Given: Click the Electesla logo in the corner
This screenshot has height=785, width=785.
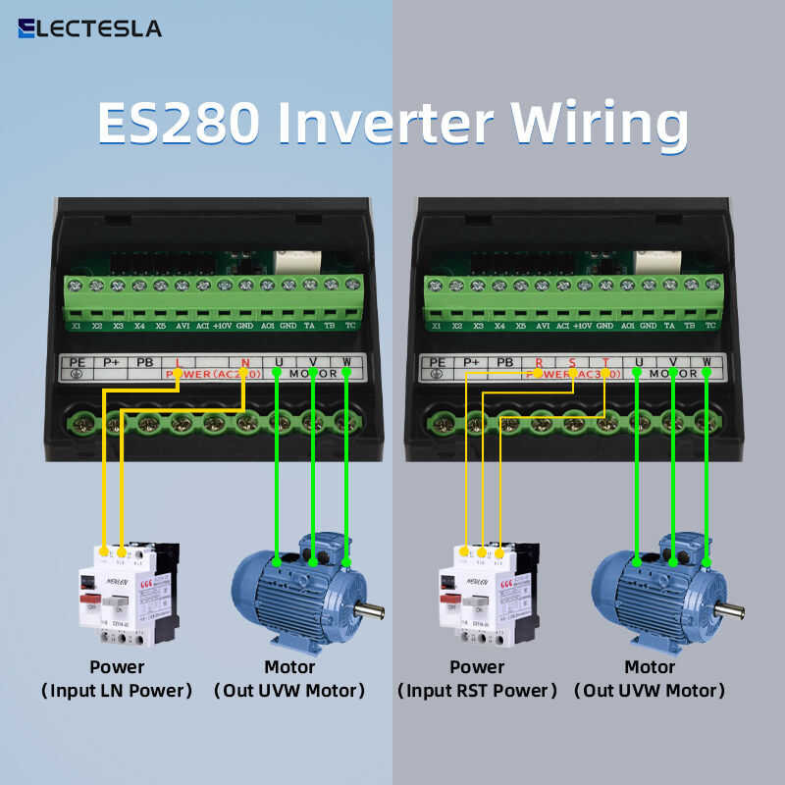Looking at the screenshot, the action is click(x=89, y=27).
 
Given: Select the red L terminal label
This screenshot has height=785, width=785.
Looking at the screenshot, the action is click(x=178, y=361).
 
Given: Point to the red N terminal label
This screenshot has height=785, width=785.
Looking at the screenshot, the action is click(x=244, y=361).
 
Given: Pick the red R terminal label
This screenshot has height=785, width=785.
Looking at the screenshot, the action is click(x=540, y=361).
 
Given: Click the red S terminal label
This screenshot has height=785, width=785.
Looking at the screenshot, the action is click(x=573, y=361).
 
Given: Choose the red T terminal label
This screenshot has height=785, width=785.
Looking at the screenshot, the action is click(x=605, y=361).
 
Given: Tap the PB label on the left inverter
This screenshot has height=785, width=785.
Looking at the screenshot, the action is click(x=144, y=361).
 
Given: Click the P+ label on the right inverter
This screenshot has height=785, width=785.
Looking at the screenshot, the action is click(x=472, y=361).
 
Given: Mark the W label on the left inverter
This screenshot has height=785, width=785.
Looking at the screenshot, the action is click(x=346, y=361).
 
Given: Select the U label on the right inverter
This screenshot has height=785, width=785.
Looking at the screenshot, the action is click(x=639, y=361).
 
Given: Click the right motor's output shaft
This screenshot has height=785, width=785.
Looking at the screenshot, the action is click(x=732, y=609).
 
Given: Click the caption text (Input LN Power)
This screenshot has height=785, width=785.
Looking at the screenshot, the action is click(x=117, y=691).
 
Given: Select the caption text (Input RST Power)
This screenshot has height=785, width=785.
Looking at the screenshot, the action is click(x=477, y=691).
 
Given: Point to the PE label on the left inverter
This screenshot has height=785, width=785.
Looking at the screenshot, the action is click(x=78, y=361).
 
